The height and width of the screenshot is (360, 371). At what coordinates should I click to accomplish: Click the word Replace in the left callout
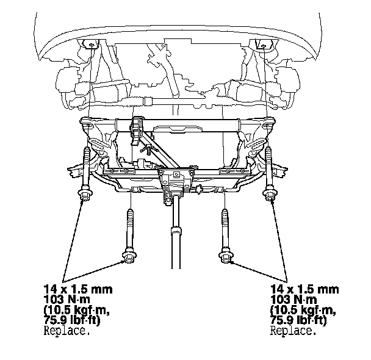tap(67, 331)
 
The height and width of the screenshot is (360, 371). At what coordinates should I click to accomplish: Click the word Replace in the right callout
tap(294, 331)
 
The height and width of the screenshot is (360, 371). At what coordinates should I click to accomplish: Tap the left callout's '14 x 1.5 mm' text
tap(78, 289)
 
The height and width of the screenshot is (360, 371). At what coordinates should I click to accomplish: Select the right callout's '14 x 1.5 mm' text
tap(304, 289)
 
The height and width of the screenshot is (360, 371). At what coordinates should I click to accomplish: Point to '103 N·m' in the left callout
tap(67, 300)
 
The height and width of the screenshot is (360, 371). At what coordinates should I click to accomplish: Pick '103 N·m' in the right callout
tap(294, 300)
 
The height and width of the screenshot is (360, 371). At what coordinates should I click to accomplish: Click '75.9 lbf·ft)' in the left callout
tap(72, 320)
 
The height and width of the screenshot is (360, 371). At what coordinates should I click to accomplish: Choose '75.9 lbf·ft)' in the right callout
tap(298, 320)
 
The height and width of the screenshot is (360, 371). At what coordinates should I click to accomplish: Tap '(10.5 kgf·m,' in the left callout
tap(77, 310)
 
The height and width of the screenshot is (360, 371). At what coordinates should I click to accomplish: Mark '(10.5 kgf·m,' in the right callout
tap(303, 310)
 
